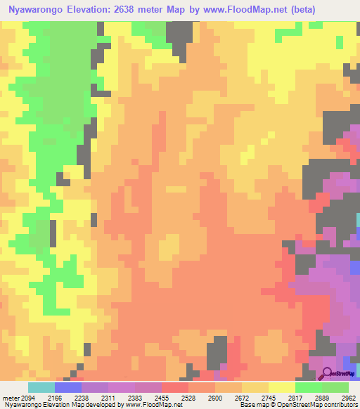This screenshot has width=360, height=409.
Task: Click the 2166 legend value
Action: (x=55, y=398)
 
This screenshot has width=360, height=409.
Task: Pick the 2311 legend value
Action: (x=108, y=398)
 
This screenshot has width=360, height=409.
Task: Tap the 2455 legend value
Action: (x=162, y=398)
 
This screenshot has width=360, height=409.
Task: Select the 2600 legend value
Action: (x=215, y=398)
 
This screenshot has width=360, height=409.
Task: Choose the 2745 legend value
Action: (x=269, y=398)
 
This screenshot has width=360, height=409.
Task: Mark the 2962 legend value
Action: (x=347, y=398)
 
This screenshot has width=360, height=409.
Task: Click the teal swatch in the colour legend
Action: (x=41, y=387)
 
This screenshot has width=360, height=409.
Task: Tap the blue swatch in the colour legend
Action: (x=68, y=387)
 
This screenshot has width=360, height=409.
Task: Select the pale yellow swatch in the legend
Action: (x=282, y=387)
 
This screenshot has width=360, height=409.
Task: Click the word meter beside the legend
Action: (x=10, y=398)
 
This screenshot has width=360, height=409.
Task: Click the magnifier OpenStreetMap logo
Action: (x=328, y=373)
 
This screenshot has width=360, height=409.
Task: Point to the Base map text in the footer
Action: (x=250, y=405)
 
